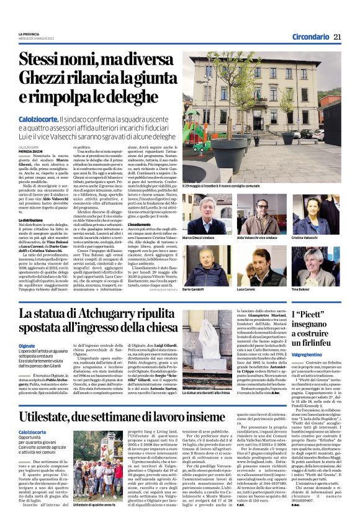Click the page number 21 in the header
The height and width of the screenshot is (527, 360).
(337, 37)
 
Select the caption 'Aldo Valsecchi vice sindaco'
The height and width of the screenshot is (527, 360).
(261, 238)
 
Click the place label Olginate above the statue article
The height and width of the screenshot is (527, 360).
(26, 346)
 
